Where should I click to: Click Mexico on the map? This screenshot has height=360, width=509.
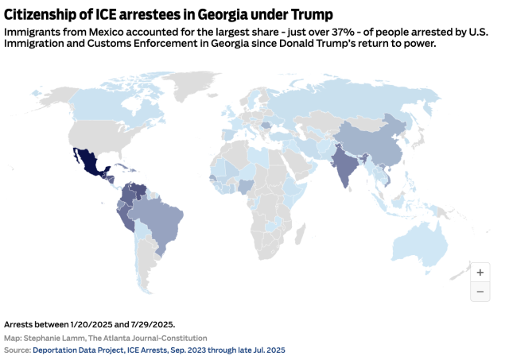tap(87, 162)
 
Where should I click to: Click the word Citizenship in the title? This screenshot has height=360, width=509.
tap(45, 14)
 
